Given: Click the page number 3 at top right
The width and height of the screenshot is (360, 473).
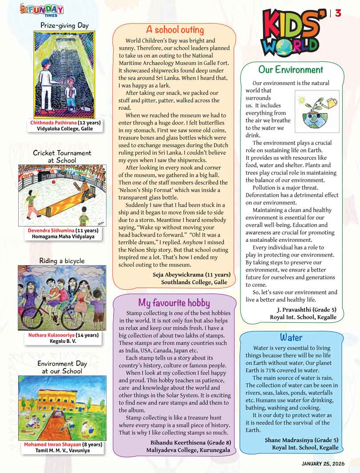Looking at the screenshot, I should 338,13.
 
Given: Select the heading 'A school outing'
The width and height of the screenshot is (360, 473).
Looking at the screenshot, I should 175,30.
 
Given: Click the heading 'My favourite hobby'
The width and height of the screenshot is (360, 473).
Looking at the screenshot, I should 174,303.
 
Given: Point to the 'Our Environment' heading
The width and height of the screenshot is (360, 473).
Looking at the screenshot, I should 291,70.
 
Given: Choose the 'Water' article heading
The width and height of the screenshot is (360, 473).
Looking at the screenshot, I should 291,337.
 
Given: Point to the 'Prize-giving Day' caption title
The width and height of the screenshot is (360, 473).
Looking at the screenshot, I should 64,25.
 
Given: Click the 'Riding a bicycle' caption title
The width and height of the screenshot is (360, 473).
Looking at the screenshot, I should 62,261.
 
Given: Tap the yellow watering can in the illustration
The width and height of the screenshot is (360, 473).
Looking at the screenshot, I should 329,103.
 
